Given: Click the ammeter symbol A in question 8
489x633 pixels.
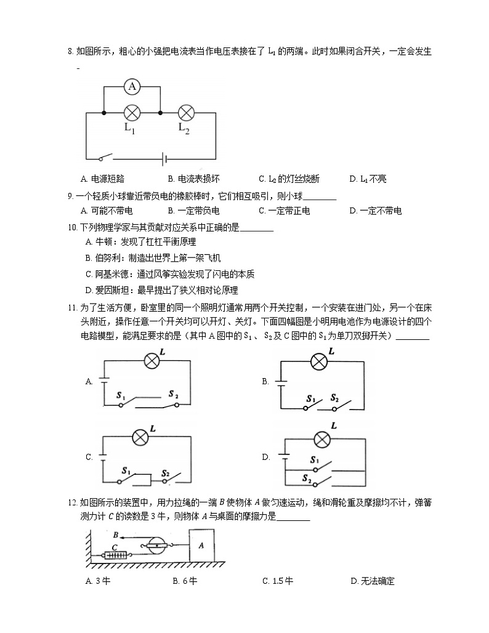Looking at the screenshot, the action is pyautogui.click(x=132, y=87).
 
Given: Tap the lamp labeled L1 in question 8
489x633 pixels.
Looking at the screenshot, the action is pyautogui.click(x=132, y=113).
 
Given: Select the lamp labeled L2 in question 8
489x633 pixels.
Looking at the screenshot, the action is pyautogui.click(x=186, y=113).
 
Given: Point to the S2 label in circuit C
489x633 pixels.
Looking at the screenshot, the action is pyautogui.click(x=166, y=473).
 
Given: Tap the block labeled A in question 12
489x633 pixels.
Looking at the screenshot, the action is pyautogui.click(x=202, y=546).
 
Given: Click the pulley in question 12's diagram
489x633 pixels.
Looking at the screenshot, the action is pyautogui.click(x=158, y=544).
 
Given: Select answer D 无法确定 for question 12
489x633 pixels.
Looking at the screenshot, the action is pyautogui.click(x=372, y=581).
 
